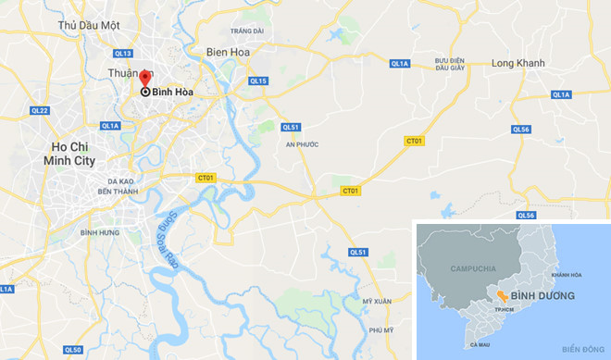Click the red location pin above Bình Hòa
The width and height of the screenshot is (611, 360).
coord(143,77)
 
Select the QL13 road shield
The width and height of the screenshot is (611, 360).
coord(124,54)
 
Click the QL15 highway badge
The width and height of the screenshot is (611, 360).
coord(258,81)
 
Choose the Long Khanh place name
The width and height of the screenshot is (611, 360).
coord(517,63)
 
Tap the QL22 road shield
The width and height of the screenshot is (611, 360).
coord(39,110)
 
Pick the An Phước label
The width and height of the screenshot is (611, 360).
coord(302,145)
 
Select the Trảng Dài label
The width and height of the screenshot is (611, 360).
coord(247,31)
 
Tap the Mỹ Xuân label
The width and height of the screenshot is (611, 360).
coord(377,302)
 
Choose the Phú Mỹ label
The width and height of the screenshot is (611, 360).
coord(380,330)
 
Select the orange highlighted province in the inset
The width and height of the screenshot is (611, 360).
coord(500,293)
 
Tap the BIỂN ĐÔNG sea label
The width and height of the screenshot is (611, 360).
coord(581,349)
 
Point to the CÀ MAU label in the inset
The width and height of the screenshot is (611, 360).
coord(480,344)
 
